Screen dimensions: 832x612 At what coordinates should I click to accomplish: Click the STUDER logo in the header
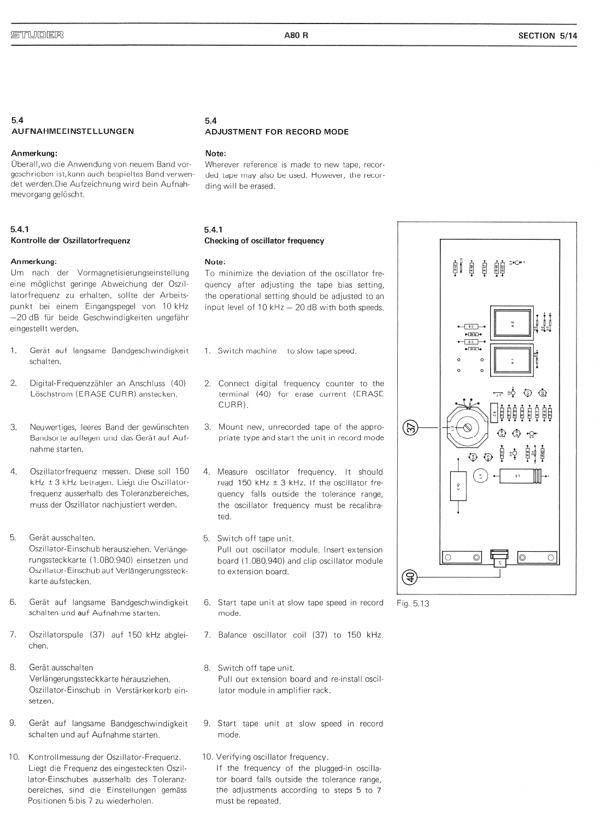pos(37,36)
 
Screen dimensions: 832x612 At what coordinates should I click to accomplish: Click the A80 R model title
pos(296,36)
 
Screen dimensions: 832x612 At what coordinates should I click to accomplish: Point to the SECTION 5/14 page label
pos(548,36)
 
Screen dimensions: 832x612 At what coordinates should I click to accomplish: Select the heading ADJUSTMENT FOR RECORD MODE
pos(276,132)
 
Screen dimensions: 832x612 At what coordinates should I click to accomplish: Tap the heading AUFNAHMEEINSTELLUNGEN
pos(73,131)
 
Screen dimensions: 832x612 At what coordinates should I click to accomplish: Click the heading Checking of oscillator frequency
pos(264,240)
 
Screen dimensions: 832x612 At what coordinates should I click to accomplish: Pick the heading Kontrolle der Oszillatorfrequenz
pos(70,240)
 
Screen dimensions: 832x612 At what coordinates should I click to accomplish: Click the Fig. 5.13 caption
pos(414,604)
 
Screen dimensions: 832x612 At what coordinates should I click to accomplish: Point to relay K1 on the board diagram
pos(513,361)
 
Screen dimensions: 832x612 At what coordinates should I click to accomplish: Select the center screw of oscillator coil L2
pos(468,428)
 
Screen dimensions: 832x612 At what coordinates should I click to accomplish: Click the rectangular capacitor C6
pos(493,414)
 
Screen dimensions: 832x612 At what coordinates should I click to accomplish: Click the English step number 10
pos(207,757)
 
